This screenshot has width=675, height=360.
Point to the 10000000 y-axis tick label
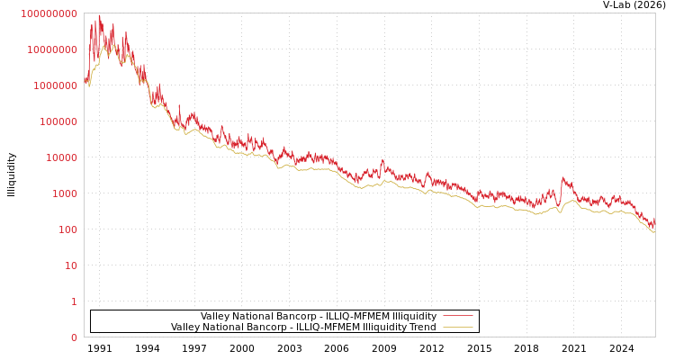click(52, 49)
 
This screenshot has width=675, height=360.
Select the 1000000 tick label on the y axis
click(56, 85)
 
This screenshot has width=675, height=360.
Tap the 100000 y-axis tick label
click(58, 121)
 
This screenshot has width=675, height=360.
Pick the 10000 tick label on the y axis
click(62, 157)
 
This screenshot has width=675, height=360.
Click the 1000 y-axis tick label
click(65, 193)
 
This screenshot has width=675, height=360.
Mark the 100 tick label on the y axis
click(68, 229)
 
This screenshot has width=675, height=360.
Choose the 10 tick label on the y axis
click(71, 265)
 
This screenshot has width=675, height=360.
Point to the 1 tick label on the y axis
click(74, 301)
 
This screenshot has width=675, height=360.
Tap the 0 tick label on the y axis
click(74, 337)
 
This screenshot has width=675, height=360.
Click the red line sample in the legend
click(458, 316)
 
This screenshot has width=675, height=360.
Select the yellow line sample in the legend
click(458, 327)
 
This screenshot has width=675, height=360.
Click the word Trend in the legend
click(423, 328)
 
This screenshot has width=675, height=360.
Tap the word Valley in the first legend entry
click(215, 317)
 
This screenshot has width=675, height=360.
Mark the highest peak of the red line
click(98, 15)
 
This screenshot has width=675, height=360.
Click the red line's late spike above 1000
click(563, 178)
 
